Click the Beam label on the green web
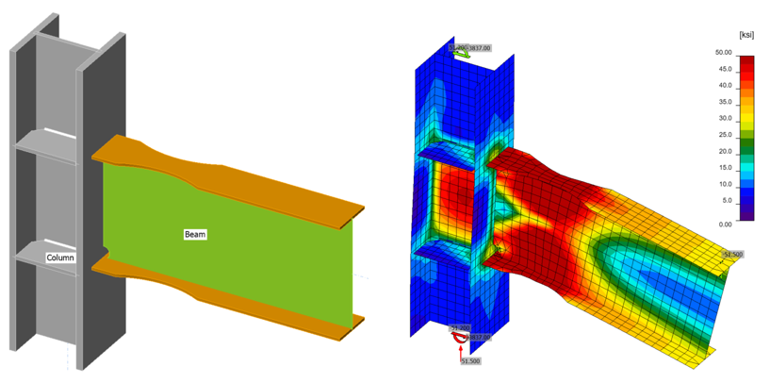pos(195,233)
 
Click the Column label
pos(61,257)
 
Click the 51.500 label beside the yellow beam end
pos(732,255)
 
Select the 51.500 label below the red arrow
pos(470,360)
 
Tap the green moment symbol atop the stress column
pos(464,54)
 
